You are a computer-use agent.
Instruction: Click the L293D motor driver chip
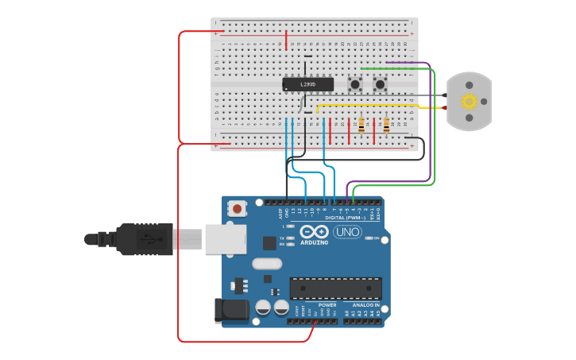click(306, 83)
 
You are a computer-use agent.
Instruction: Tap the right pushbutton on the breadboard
click(380, 83)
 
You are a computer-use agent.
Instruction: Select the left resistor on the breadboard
click(361, 125)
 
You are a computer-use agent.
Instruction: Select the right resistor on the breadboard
click(387, 125)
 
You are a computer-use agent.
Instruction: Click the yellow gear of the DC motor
click(469, 101)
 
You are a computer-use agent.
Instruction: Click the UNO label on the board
click(347, 232)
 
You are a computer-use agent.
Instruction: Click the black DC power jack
click(227, 311)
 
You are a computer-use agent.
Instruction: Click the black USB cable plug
click(143, 238)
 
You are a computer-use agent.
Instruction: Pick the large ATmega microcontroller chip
click(335, 288)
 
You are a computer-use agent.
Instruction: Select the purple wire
click(430, 119)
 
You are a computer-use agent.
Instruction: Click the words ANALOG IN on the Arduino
click(365, 305)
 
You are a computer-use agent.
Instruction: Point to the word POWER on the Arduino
click(327, 305)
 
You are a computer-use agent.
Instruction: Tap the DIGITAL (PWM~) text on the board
click(345, 217)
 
